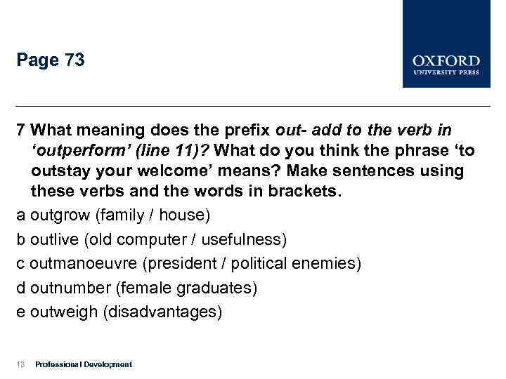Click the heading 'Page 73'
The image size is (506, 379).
coord(51,61)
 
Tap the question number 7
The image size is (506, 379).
coord(22,131)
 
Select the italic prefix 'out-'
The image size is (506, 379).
coord(292,131)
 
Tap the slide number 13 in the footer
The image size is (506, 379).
coord(20,364)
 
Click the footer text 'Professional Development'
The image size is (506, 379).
coord(83,364)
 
